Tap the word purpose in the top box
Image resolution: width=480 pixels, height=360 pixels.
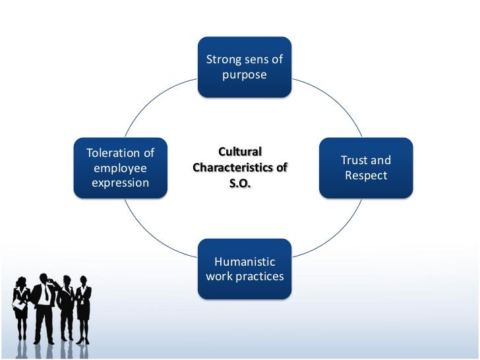point(245,75)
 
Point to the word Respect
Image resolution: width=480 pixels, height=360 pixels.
point(366,176)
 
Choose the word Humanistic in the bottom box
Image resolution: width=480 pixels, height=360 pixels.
point(245,262)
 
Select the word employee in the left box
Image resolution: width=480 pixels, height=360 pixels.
point(121,168)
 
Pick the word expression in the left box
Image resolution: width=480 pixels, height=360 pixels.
point(121,183)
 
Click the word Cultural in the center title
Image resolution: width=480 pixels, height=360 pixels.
point(240,152)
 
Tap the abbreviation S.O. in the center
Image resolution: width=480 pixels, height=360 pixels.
point(240,183)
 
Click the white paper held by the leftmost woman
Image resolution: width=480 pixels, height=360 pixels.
point(18,305)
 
